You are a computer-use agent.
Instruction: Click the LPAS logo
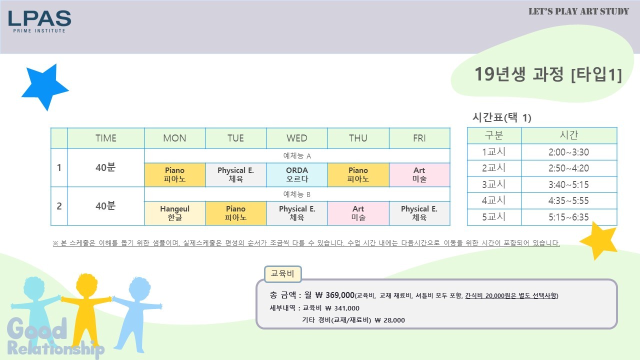[x=39, y=21]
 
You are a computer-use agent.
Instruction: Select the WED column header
[x=297, y=138]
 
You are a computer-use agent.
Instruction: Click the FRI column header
[x=419, y=138]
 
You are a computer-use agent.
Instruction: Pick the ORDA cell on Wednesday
[x=297, y=174]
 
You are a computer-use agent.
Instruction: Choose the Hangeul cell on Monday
[x=174, y=213]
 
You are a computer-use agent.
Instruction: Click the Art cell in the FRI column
[x=419, y=174]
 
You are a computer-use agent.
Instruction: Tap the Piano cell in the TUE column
[x=235, y=213]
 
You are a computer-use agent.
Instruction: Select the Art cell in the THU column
[x=358, y=213]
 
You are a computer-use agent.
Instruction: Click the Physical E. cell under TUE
[x=235, y=174]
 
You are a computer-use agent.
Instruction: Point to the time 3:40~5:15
[x=568, y=184]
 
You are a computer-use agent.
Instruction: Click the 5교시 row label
[x=493, y=217]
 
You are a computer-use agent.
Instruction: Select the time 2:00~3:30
[x=568, y=152]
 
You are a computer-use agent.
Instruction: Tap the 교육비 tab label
[x=282, y=274]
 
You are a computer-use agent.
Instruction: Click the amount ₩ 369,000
[x=335, y=295]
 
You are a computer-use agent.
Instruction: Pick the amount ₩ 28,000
[x=389, y=320]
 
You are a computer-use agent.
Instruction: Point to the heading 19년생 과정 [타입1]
[x=548, y=74]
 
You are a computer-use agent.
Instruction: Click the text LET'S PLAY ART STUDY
[x=578, y=11]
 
